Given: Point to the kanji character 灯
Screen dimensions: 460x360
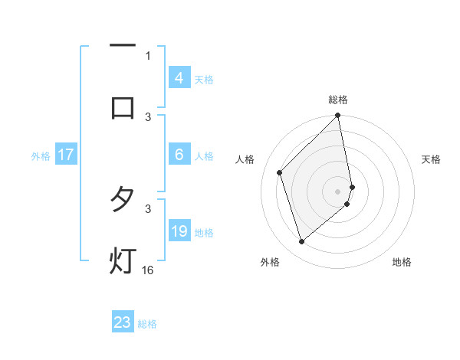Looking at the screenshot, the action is (x=123, y=260).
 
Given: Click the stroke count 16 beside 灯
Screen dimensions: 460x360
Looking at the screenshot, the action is (x=148, y=270).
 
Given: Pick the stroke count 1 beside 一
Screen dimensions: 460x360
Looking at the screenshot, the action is (x=148, y=55).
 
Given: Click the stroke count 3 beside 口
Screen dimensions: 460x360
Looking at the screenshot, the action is (x=148, y=116).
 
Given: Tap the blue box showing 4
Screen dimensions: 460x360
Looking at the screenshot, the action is (x=179, y=78).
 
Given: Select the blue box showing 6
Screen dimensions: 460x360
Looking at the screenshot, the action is (x=179, y=155).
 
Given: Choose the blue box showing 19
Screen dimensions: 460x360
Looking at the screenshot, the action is (x=179, y=231).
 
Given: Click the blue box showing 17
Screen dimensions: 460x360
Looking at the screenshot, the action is (x=66, y=155).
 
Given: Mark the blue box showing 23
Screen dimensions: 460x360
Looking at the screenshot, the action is (x=123, y=322).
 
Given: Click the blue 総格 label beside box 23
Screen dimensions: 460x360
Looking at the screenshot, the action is (x=147, y=324).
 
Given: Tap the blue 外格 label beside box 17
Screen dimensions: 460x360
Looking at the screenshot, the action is (x=41, y=156).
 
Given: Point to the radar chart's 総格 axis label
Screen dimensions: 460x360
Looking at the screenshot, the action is (x=338, y=100).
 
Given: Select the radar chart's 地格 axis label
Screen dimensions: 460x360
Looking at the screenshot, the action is (x=402, y=262).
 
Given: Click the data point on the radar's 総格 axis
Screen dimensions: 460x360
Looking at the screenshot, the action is (x=338, y=116).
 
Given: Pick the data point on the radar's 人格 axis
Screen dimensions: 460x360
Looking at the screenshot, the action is (x=280, y=172).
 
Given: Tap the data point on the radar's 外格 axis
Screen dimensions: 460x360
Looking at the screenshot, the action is (x=302, y=241).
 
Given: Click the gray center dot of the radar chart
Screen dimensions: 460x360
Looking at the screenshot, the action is (x=338, y=191).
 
